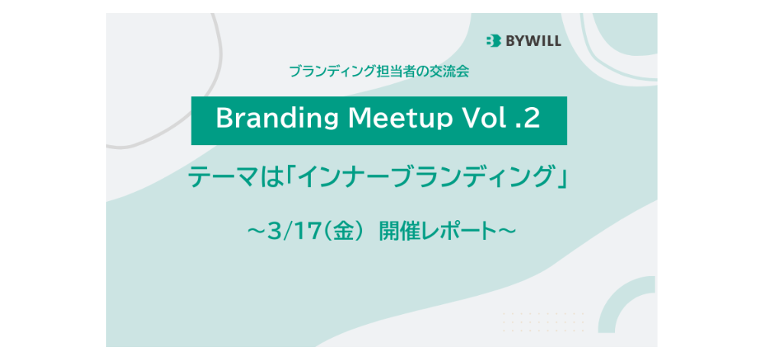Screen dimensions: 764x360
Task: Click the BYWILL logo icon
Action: coord(493,41)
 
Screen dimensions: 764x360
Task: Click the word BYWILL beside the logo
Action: coord(533,41)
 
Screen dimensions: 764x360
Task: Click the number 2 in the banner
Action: coord(532,119)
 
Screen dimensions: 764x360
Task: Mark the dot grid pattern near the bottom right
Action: coord(543,322)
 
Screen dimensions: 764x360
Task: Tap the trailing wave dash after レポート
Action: coord(507,231)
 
